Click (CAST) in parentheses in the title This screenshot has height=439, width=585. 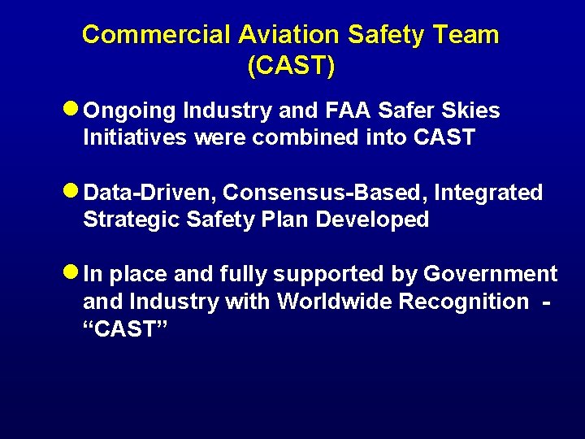pos(291,66)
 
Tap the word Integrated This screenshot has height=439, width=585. pos(488,193)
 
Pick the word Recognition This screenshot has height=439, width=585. pos(470,302)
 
